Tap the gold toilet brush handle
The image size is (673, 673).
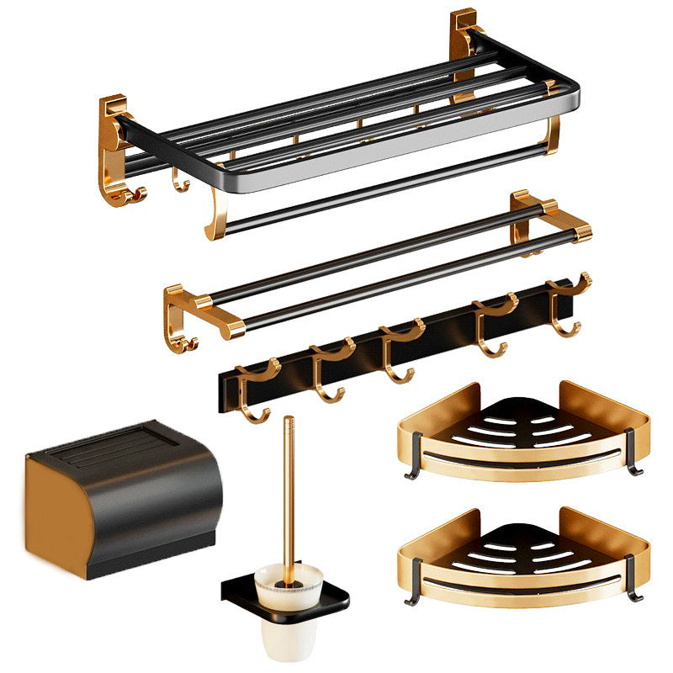tap(289, 488)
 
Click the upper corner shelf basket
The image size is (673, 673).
tap(522, 433)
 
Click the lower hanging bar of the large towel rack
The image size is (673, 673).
tap(379, 189)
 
